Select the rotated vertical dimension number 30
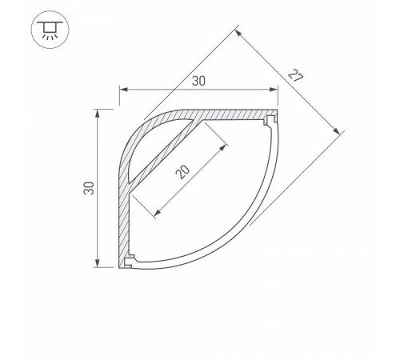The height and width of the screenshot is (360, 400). click(x=89, y=189)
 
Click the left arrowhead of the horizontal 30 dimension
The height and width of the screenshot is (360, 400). click(x=122, y=89)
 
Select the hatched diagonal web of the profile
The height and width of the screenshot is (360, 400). click(x=164, y=151)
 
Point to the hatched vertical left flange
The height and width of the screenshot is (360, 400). click(x=125, y=216)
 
